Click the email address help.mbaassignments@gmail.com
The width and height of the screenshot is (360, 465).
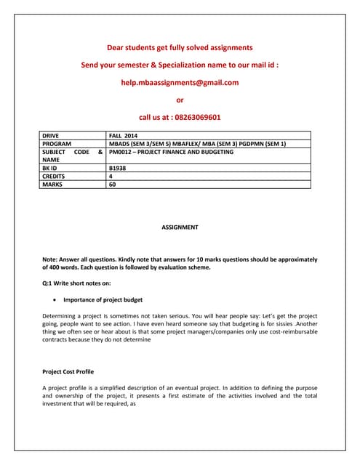tap(180, 82)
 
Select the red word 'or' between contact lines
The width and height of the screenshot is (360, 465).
tap(180, 100)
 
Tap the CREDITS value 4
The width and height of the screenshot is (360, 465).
tap(111, 177)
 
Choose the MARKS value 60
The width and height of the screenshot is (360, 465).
tap(112, 185)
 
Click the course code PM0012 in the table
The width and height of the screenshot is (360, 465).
tap(121, 152)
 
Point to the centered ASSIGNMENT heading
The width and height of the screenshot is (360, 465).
tap(180, 227)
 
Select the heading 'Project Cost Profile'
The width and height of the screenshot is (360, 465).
tap(68, 371)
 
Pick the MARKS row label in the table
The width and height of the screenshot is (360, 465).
tap(52, 185)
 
